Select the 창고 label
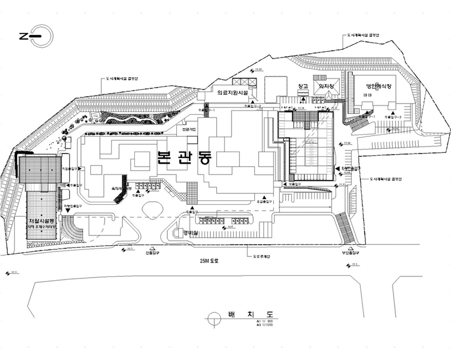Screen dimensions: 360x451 coord(303,86)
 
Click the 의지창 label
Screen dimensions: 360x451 coord(326,86)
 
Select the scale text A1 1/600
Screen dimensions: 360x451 coord(264,322)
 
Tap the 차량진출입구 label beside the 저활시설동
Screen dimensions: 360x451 coord(72,206)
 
